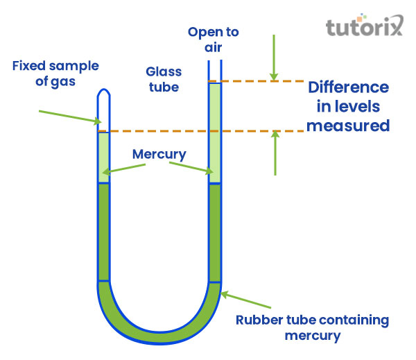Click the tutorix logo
point(365,28)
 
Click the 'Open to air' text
point(214,40)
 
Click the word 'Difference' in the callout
point(348,88)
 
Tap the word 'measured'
point(348,126)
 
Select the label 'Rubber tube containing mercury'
point(311,327)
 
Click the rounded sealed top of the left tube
point(103,93)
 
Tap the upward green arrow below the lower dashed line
point(275,153)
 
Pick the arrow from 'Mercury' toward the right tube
point(191,167)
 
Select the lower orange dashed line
point(201,131)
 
